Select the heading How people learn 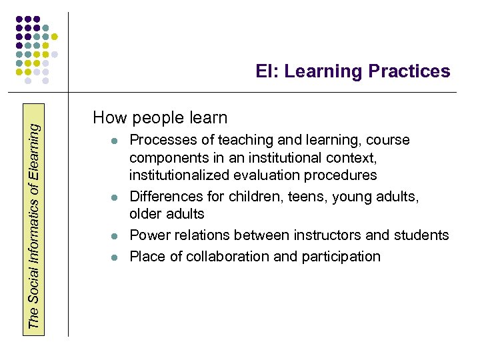(x=160, y=118)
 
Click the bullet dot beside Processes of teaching (x=115, y=141)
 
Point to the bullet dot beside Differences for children (x=115, y=197)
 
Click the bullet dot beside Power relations (x=115, y=236)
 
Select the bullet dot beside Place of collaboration (x=115, y=257)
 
